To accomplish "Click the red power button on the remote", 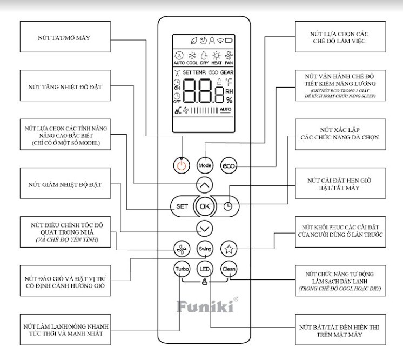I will point(182,165).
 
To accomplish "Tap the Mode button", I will point(204,165).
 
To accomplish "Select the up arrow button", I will point(204,185).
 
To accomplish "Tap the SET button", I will point(182,206).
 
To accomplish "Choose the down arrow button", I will point(204,228).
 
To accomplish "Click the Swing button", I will point(204,249).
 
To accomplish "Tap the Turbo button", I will point(180,269).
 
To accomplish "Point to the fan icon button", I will point(180,249).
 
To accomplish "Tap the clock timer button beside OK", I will point(228,206).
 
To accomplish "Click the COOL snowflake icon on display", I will point(191,55).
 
